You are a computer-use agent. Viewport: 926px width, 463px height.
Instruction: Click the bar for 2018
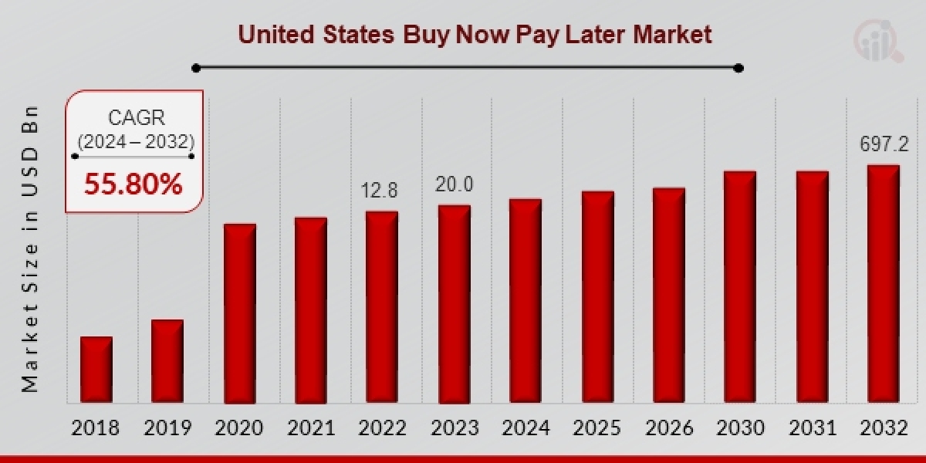click(96, 370)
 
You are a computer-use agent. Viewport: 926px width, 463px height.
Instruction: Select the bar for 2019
click(167, 361)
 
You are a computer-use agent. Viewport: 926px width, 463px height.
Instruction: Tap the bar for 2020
click(239, 313)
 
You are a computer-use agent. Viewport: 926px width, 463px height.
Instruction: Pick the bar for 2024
click(526, 301)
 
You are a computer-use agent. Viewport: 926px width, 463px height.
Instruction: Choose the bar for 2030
click(740, 287)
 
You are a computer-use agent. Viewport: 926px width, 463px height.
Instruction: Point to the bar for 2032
click(883, 284)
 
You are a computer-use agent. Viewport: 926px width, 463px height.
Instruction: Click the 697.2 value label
click(884, 144)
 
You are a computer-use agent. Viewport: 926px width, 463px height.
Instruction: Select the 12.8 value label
click(381, 190)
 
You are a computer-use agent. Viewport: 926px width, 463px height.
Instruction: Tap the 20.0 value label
click(453, 185)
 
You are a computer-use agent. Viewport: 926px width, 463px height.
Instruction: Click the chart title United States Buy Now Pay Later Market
click(474, 34)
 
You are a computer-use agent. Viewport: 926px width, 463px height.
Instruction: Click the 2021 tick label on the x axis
click(310, 428)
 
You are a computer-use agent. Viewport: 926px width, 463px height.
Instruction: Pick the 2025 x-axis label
click(597, 428)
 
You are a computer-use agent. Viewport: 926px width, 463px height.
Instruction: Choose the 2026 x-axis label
click(669, 428)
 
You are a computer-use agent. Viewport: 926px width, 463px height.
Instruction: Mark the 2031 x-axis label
click(812, 428)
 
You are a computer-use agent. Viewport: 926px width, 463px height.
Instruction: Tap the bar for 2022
click(382, 307)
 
